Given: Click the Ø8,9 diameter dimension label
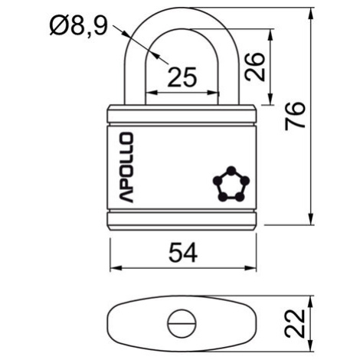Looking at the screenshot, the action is coord(79,26).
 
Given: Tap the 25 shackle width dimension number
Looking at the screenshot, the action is coord(182,77).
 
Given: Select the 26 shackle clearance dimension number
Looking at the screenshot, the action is coord(254,67).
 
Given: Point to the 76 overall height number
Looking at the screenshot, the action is coord(295,116).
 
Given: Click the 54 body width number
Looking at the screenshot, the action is coord(183,253).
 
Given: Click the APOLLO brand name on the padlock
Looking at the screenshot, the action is coord(126,168).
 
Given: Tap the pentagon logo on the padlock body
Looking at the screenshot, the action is coord(231,184).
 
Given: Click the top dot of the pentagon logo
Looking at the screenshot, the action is coord(231,170).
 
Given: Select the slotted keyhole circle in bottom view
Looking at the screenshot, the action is coord(182,323).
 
